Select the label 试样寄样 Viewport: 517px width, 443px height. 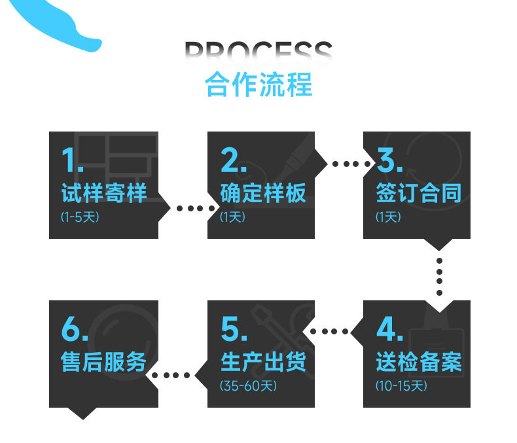(x=104, y=192)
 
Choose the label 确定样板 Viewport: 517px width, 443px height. (x=263, y=192)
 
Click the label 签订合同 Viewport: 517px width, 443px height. (x=419, y=192)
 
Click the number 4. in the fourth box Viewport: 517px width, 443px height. (x=389, y=330)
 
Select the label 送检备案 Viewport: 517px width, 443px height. (x=419, y=362)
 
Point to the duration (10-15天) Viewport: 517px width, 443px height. (x=401, y=386)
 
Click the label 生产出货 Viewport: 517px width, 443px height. (x=263, y=362)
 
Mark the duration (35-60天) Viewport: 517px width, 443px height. (x=248, y=386)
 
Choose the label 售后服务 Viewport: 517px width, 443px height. (x=104, y=362)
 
